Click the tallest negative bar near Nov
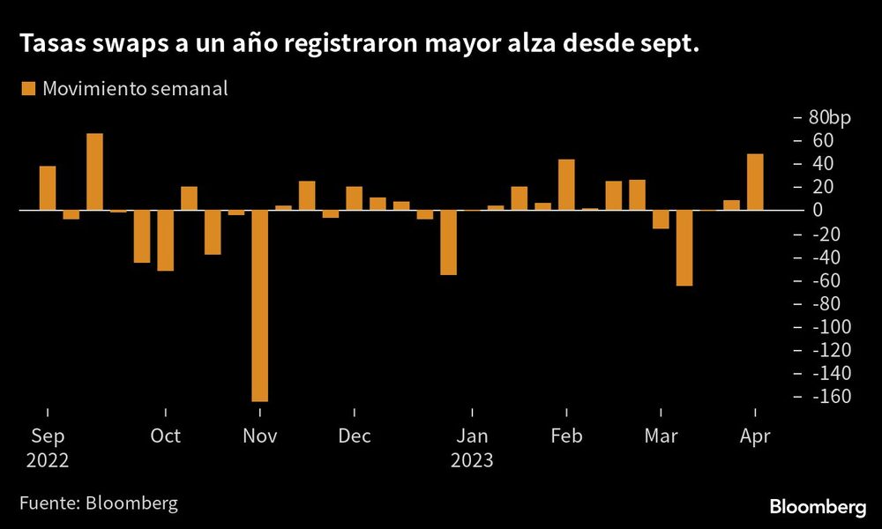[259, 306]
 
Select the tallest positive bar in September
[94, 172]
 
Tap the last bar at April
[755, 183]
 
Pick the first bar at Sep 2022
[48, 188]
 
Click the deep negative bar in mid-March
[684, 248]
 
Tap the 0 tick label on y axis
[818, 211]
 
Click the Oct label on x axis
[165, 436]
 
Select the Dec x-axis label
[355, 436]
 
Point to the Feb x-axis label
[565, 436]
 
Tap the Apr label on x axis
[755, 436]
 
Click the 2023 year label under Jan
[472, 460]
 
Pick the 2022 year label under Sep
[48, 460]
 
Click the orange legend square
[27, 88]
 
